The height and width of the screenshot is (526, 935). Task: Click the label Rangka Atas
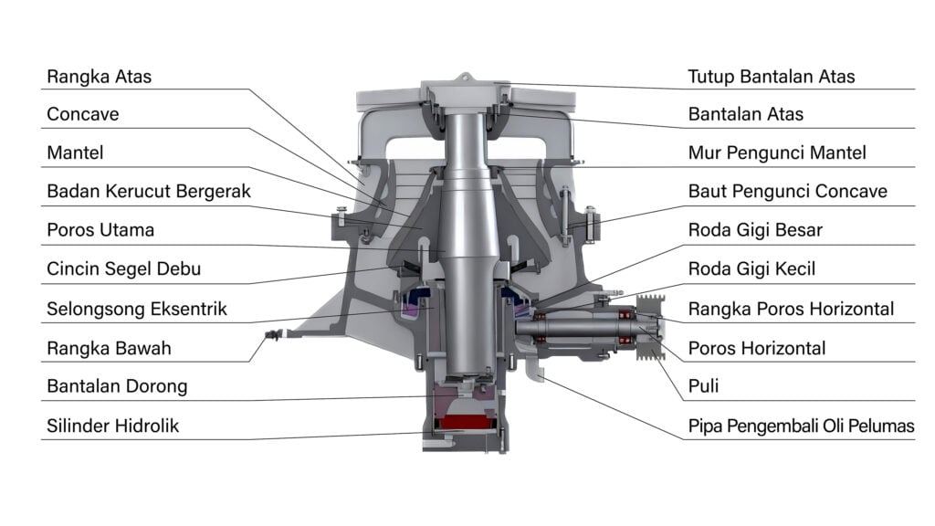pyautogui.click(x=99, y=77)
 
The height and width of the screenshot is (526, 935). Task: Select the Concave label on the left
pyautogui.click(x=83, y=115)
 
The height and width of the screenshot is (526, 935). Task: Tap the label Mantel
pyautogui.click(x=75, y=153)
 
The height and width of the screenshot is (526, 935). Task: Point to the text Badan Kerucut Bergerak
pyautogui.click(x=148, y=192)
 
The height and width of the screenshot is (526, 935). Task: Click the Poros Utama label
pyautogui.click(x=100, y=230)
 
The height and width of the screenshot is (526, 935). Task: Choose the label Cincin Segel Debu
pyautogui.click(x=123, y=269)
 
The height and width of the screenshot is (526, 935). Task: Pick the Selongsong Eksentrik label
pyautogui.click(x=136, y=309)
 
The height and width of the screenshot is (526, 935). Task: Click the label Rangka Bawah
pyautogui.click(x=109, y=348)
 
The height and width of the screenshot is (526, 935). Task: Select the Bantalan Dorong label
pyautogui.click(x=117, y=386)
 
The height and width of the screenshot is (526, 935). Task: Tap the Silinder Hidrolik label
pyautogui.click(x=113, y=426)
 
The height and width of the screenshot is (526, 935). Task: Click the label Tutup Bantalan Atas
pyautogui.click(x=772, y=77)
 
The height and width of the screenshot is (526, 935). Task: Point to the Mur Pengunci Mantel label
pyautogui.click(x=777, y=153)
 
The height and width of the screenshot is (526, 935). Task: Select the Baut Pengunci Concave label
pyautogui.click(x=787, y=192)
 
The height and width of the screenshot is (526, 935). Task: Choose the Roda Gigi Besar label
pyautogui.click(x=755, y=230)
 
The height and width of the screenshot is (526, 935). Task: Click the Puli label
pyautogui.click(x=703, y=386)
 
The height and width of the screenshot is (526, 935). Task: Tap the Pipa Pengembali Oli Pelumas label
pyautogui.click(x=801, y=426)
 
